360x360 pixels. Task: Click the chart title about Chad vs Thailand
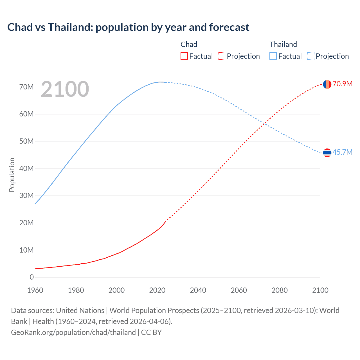(128, 27)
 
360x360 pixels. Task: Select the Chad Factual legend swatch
(184, 56)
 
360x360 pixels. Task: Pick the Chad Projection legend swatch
(222, 56)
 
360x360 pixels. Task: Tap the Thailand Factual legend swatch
(273, 56)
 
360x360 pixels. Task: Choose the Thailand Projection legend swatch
(311, 56)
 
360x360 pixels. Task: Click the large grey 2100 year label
(65, 89)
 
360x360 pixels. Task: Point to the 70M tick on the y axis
(26, 87)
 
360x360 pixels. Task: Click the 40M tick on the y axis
(26, 168)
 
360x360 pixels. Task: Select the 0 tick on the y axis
(31, 277)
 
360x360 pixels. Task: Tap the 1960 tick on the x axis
(35, 290)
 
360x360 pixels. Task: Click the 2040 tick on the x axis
(198, 290)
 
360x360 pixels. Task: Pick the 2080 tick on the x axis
(280, 290)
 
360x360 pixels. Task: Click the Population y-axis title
(12, 175)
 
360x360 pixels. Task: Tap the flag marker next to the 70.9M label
(327, 84)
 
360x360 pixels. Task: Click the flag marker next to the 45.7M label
(327, 153)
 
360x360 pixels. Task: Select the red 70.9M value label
(342, 84)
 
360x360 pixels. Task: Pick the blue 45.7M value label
(342, 152)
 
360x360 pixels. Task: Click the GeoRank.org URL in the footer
(73, 332)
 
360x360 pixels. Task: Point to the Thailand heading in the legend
(283, 44)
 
